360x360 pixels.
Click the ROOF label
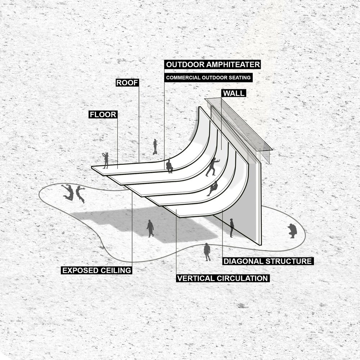[x=127, y=83]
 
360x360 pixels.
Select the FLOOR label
[x=103, y=114]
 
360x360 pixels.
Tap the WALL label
[x=234, y=93]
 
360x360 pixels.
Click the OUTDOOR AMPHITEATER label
[x=213, y=64]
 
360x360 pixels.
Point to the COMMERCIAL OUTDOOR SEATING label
[x=208, y=78]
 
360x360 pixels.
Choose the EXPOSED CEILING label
[x=96, y=270]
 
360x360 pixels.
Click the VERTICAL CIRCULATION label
[x=223, y=278]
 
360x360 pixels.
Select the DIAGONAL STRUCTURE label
[x=268, y=261]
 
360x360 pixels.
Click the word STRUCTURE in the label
[x=288, y=261]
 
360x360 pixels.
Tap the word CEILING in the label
[x=116, y=270]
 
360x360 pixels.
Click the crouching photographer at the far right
[x=292, y=231]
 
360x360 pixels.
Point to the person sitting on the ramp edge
[x=170, y=166]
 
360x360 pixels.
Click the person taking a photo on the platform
[x=105, y=160]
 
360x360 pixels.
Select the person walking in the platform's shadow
[x=150, y=229]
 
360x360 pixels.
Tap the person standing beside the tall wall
[x=232, y=228]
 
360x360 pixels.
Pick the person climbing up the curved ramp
[x=212, y=167]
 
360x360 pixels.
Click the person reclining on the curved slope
[x=213, y=188]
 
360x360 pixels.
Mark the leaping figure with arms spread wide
[x=68, y=192]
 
